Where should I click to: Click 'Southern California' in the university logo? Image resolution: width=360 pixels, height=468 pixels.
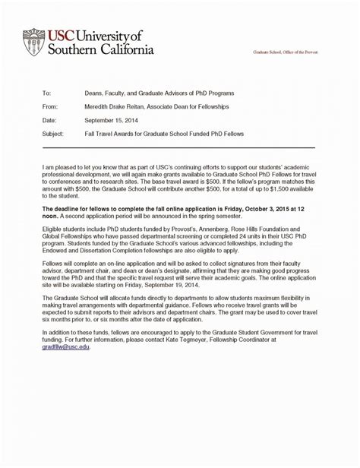(102, 49)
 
